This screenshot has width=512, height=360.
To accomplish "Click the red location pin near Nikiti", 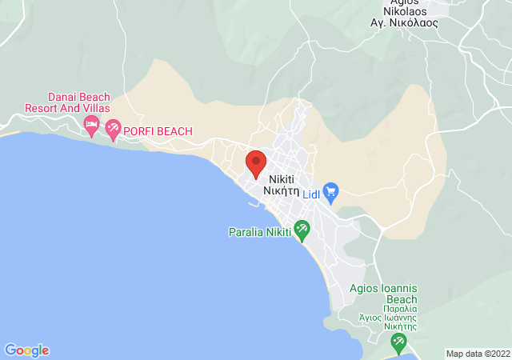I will [255, 163].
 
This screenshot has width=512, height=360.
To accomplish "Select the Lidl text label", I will [311, 193].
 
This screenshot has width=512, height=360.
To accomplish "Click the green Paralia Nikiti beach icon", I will [302, 231].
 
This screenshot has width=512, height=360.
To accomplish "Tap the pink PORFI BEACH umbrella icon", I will [113, 128].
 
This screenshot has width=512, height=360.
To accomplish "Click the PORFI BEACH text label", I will [158, 130].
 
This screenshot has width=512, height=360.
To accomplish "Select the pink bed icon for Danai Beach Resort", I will [91, 124].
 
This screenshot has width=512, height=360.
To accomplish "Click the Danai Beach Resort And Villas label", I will [67, 102].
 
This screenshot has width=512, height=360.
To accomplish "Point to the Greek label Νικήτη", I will [283, 191].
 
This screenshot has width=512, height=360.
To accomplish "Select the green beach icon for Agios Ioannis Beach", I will [398, 342].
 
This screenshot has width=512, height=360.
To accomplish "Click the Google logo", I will [26, 350].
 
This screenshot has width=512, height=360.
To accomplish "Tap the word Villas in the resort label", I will [94, 108].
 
